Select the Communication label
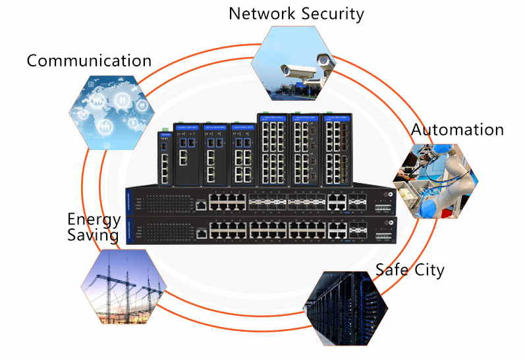click(89, 61)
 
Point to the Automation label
click(457, 130)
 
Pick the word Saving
click(93, 235)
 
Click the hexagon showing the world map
click(107, 111)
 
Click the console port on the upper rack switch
click(199, 205)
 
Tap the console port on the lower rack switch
click(199, 234)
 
